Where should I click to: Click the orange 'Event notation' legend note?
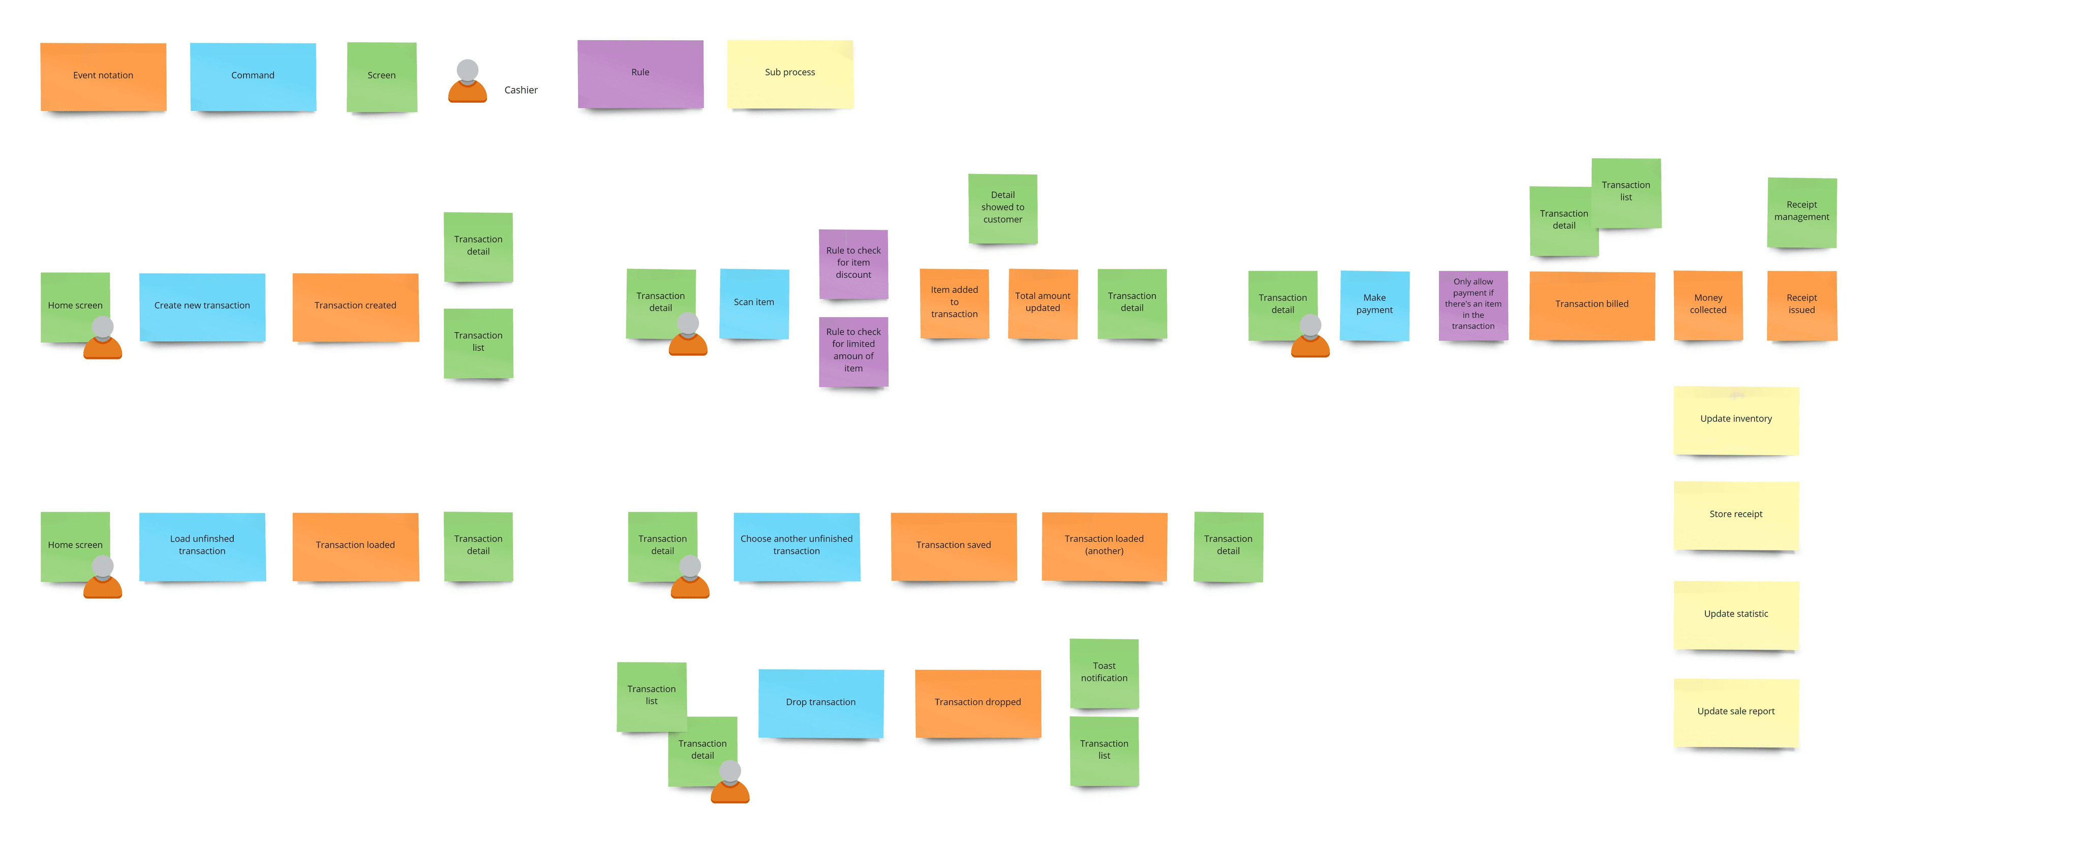(104, 76)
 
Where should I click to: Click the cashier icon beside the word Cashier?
(467, 82)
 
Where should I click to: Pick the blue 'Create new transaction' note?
(202, 306)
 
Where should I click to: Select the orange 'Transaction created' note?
(356, 306)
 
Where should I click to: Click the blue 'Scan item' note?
(754, 303)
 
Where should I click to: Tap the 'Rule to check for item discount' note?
(853, 263)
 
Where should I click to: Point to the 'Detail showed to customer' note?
(1002, 208)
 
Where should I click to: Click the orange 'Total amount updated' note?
(1043, 303)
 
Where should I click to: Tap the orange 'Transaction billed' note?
(1591, 304)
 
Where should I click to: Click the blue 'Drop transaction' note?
(820, 702)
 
